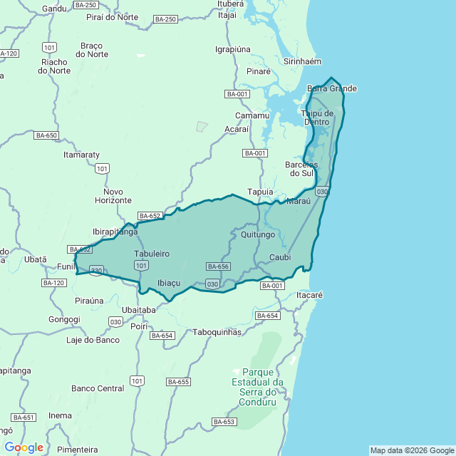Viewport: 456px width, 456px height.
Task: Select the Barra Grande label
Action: [x=331, y=88]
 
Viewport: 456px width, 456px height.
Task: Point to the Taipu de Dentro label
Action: [x=317, y=118]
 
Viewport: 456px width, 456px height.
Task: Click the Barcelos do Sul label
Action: [x=299, y=169]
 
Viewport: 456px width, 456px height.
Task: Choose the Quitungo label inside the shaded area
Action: [x=258, y=234]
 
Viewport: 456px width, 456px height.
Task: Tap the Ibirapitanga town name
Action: [x=115, y=232]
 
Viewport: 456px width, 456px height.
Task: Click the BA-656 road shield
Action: [x=218, y=266]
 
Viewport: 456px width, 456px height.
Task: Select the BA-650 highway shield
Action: [x=46, y=135]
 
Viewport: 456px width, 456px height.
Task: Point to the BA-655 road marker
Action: [x=178, y=382]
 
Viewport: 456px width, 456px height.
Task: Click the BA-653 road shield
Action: [x=224, y=422]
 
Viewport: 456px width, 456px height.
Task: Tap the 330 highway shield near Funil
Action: [x=97, y=270]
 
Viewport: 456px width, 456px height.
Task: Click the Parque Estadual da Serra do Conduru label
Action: [x=258, y=387]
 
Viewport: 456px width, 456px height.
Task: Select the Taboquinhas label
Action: [x=217, y=332]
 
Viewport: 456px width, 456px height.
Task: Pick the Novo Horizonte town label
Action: [x=113, y=196]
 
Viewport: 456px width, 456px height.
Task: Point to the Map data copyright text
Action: [x=411, y=450]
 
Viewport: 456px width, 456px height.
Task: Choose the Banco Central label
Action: [x=98, y=388]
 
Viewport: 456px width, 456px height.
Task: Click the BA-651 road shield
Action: [x=23, y=418]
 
